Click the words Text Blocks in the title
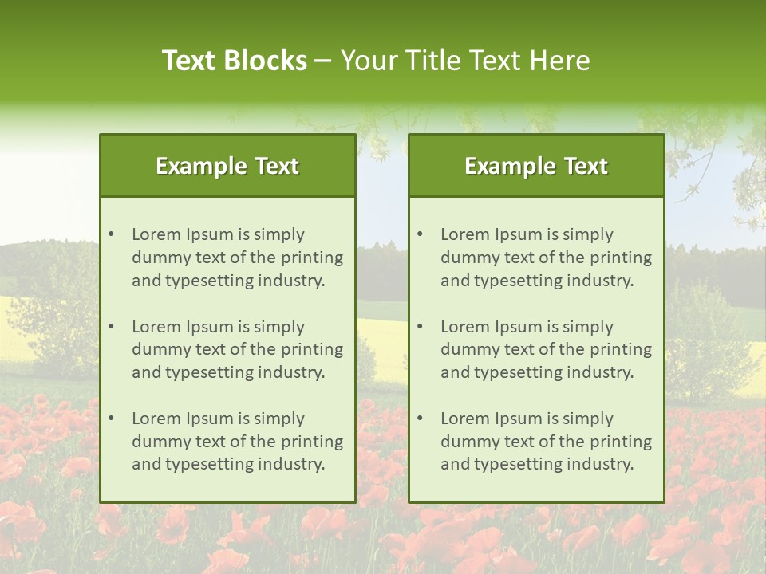[x=235, y=61]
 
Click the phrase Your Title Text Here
[x=465, y=61]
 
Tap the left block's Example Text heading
[x=227, y=166]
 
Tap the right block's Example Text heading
[x=536, y=166]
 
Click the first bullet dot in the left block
[x=111, y=234]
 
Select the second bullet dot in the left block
[x=111, y=327]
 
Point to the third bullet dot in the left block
[x=111, y=419]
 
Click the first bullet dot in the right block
[x=420, y=234]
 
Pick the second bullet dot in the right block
[x=420, y=327]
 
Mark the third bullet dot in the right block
[x=420, y=419]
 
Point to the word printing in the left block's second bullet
[x=313, y=349]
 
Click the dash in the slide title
[x=324, y=61]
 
